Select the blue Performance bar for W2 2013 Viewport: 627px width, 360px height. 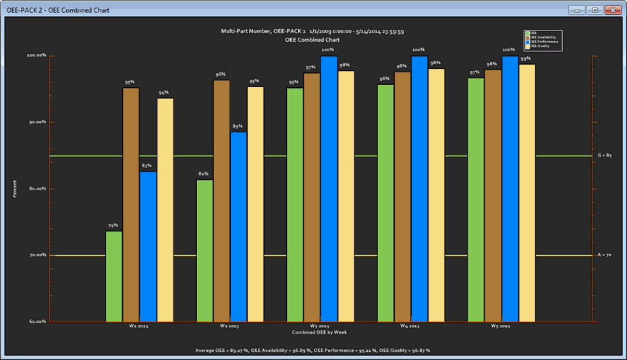238,226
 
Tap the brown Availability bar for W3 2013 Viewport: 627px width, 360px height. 312,197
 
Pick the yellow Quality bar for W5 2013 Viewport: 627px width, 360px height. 527,192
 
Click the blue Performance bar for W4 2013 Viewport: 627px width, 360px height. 419,188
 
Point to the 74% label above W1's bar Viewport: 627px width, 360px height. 113,226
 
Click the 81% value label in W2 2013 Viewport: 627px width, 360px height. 203,174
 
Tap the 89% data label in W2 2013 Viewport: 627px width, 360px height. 238,126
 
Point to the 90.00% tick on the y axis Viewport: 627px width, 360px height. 36,122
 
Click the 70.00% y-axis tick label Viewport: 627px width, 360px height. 36,255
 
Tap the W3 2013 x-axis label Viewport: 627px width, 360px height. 319,326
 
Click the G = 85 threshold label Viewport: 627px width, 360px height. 604,156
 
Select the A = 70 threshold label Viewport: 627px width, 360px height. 604,255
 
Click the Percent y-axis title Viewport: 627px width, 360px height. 15,188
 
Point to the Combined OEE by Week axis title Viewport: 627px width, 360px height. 319,332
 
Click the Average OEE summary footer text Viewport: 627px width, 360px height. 312,351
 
